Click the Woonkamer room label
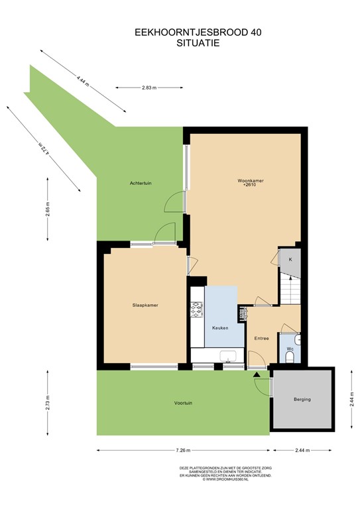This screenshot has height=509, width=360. [x=248, y=180]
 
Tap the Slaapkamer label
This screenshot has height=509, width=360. [x=145, y=306]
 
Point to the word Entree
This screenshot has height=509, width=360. [x=261, y=339]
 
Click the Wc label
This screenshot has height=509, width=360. [x=290, y=348]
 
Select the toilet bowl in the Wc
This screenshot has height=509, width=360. [x=290, y=359]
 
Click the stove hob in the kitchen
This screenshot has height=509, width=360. [x=197, y=308]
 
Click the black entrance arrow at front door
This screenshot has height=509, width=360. [x=257, y=374]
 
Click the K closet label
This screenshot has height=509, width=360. [x=290, y=259]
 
